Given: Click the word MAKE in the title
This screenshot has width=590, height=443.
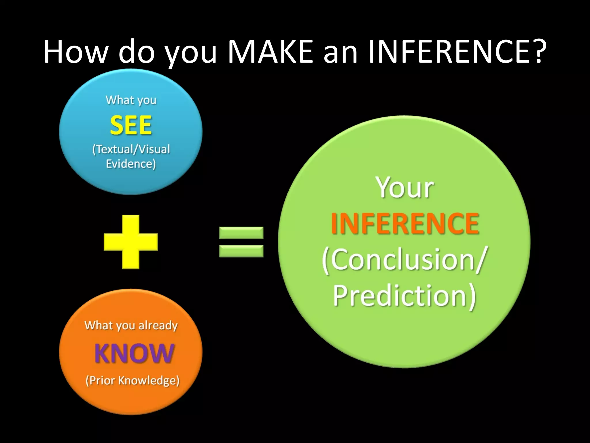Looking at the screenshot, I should click(x=270, y=52).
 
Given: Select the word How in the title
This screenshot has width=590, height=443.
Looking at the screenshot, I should click(x=76, y=52).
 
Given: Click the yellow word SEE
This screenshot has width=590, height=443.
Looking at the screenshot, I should click(x=131, y=125).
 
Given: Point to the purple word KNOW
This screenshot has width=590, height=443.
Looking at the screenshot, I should click(x=134, y=353).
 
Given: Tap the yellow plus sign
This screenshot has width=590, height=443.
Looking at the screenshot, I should click(x=131, y=242).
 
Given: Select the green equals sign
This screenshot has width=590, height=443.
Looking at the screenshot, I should click(x=241, y=242).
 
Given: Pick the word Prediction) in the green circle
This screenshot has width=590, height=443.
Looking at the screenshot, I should click(x=404, y=296).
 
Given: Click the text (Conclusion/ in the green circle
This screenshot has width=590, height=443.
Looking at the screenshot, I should click(x=404, y=260).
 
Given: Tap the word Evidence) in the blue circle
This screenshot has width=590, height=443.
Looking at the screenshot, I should click(x=131, y=164).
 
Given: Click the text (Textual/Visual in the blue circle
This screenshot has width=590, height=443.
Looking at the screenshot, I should click(x=131, y=149).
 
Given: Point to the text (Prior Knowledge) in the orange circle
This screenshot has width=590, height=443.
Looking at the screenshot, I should click(x=132, y=380).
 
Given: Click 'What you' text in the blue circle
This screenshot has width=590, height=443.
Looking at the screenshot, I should click(x=131, y=100).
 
